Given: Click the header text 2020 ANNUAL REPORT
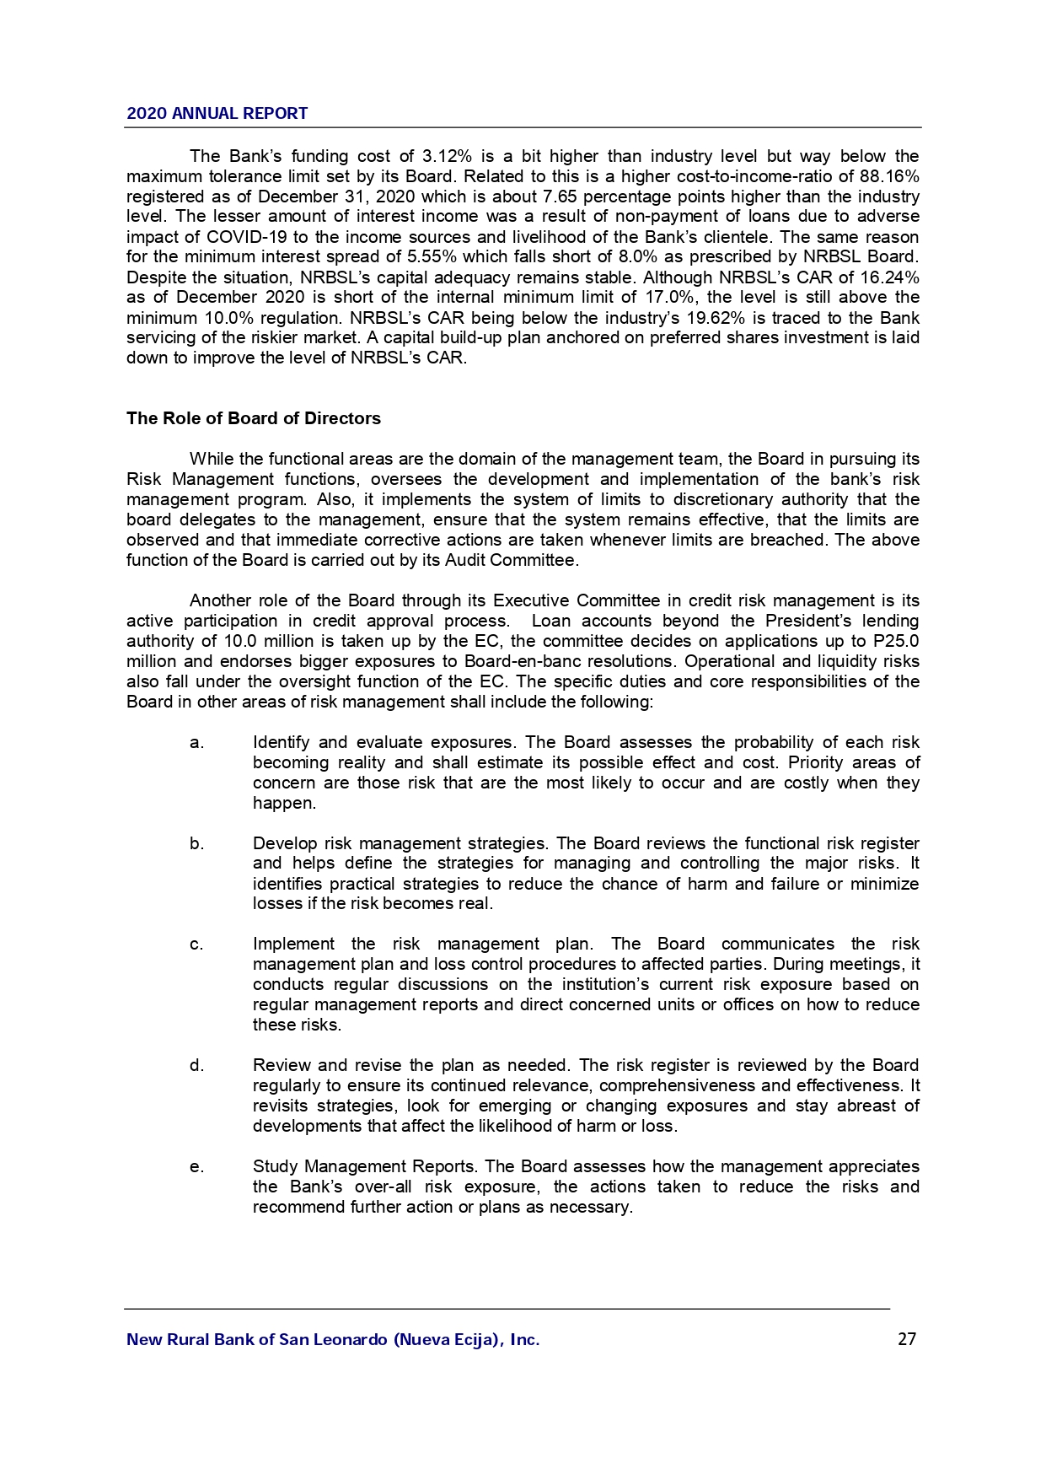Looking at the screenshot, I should pos(217,114).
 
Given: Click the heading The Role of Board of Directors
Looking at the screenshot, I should pos(253,419).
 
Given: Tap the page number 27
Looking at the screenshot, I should pos(907,1339).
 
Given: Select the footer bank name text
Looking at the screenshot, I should pos(333,1340).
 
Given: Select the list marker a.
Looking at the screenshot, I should pos(196,743).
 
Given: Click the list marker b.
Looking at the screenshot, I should pos(196,844).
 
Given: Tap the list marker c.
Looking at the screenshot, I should pos(196,945).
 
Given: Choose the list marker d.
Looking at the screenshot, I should pos(196,1066).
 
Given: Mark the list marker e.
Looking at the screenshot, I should pos(196,1167).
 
